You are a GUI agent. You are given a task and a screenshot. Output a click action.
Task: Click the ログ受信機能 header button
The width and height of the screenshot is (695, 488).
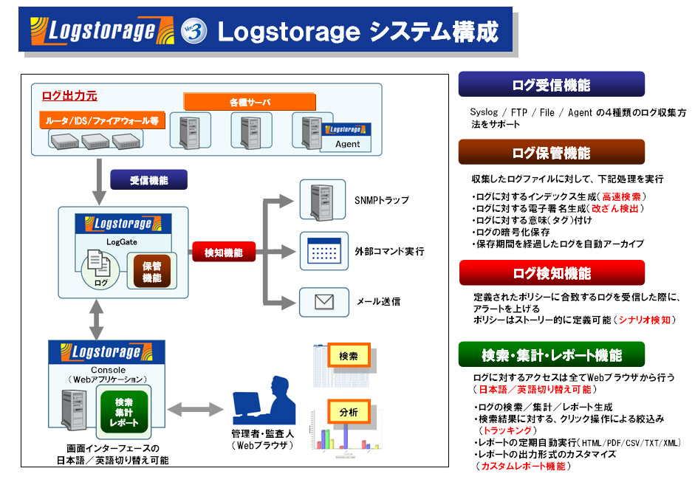pos(551,85)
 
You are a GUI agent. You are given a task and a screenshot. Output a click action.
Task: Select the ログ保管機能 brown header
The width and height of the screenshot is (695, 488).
pos(551,153)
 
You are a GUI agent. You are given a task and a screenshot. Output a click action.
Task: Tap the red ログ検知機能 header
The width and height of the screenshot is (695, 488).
pos(551,273)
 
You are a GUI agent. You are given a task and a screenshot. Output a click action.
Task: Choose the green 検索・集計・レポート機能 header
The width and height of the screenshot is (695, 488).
pos(551,355)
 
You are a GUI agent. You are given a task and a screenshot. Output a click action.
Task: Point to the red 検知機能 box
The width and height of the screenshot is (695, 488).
pos(224,252)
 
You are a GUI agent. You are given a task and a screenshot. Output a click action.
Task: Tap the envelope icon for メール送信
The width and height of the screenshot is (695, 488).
pos(323,301)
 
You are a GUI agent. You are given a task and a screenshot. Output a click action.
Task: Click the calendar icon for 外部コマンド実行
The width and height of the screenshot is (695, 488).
pos(323,252)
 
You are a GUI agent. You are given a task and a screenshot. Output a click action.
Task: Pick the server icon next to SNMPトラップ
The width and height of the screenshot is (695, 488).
pos(323,199)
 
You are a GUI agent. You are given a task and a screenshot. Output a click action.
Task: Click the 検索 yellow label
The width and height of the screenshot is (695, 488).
pos(349,356)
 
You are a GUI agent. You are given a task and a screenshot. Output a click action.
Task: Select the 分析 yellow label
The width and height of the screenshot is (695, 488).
pos(349,412)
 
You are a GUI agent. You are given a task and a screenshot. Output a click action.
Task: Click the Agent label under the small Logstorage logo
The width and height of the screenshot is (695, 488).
pos(348,144)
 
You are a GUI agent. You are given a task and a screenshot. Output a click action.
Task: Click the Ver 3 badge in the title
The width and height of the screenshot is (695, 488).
pos(194,30)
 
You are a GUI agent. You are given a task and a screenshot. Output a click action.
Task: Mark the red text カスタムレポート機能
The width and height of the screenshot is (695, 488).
pos(523,466)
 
